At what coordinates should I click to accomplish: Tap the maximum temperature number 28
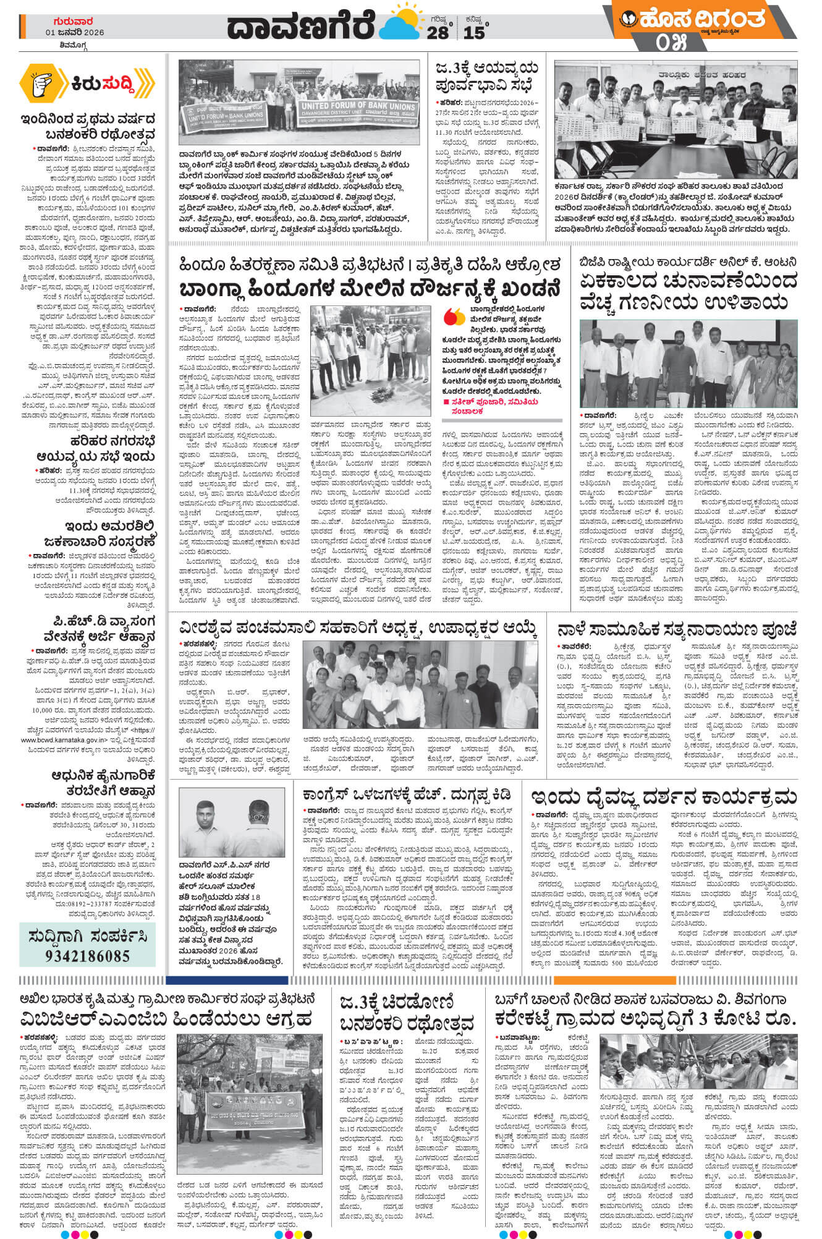tap(437, 33)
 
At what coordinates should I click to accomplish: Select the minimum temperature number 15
tap(474, 33)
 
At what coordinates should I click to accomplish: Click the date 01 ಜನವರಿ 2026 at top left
tap(74, 33)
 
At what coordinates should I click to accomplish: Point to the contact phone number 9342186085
tap(87, 956)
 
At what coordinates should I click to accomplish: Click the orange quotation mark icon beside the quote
tap(454, 317)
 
